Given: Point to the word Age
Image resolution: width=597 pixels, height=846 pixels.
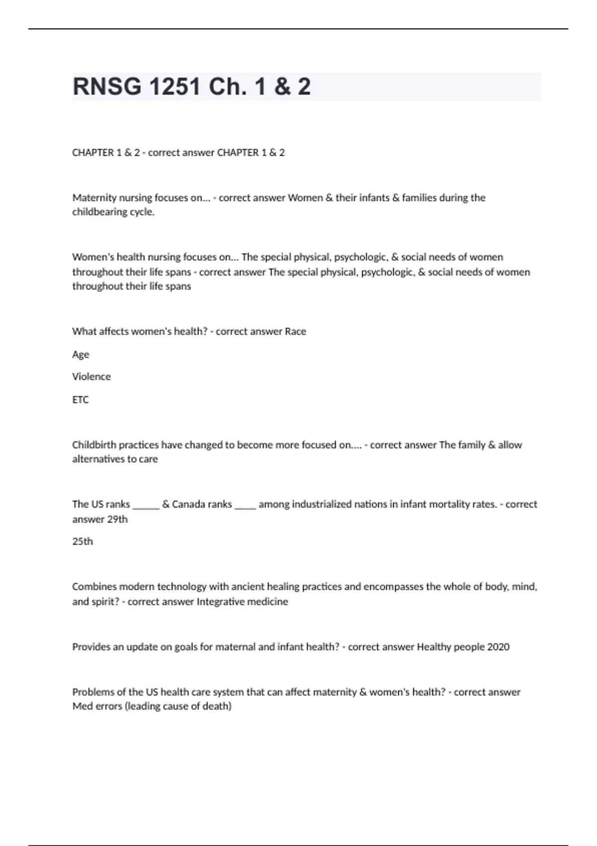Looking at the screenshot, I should pos(81,354).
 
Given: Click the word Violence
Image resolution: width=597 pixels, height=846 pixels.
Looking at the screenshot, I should pos(92,377).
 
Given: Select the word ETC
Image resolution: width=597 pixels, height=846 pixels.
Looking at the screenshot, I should pos(81,400).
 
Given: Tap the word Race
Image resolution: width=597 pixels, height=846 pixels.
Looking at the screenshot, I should pos(296,331).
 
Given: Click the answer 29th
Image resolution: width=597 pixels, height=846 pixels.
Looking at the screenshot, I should pos(117,519).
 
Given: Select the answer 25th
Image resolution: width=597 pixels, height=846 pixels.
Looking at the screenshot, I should pos(83,541).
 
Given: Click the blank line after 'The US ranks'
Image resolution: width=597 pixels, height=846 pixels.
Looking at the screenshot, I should pos(146,507).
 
